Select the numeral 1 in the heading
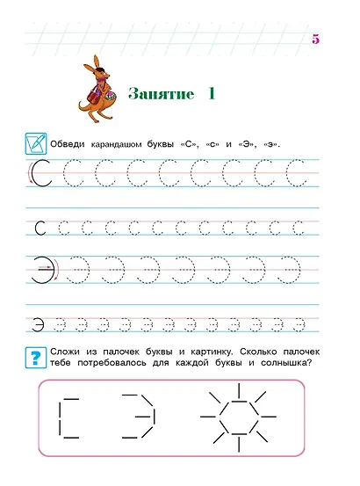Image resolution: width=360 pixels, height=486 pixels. pyautogui.click(x=212, y=92)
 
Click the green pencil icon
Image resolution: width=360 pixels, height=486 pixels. pyautogui.click(x=36, y=141)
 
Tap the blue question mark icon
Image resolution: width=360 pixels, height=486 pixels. pyautogui.click(x=36, y=357)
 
